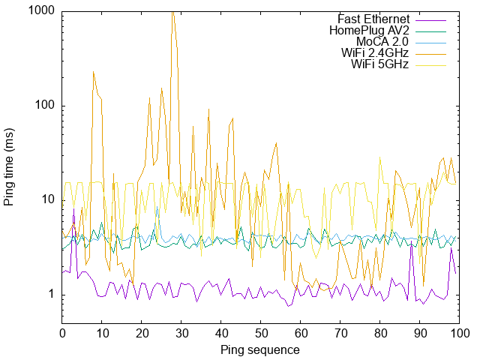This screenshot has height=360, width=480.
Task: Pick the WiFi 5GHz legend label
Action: pos(379,64)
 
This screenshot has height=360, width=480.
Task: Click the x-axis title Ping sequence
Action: pos(260,350)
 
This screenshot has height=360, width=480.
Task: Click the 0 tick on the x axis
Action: pos(62,332)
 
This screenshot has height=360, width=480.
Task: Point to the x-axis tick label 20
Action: pos(141,332)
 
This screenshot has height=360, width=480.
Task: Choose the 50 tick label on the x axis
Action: pos(260,332)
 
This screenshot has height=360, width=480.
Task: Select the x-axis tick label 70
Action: pos(339,332)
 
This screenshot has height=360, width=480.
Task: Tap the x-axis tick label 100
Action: pos(457,332)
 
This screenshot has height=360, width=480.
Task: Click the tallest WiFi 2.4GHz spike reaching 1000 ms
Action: pos(172,13)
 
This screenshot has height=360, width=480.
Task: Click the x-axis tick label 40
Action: pos(220,332)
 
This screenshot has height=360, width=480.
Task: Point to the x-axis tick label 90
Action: pos(418,332)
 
